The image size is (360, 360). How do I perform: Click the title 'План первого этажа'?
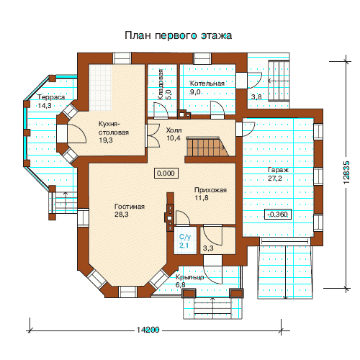click(x=178, y=35)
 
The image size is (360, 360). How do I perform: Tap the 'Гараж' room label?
click(x=278, y=170)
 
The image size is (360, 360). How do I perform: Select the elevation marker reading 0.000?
click(x=166, y=173)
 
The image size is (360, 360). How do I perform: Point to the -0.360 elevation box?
click(x=278, y=214)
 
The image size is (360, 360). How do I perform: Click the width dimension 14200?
click(x=148, y=330)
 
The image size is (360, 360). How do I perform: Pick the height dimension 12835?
click(x=346, y=172)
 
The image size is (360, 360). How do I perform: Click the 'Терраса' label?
click(x=51, y=97)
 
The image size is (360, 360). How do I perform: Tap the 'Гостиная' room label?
click(x=130, y=207)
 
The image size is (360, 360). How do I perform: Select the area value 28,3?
click(x=122, y=215)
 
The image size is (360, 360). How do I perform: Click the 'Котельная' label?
click(x=207, y=84)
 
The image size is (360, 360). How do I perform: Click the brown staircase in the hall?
click(x=207, y=146)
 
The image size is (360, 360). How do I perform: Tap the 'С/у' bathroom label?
click(x=185, y=237)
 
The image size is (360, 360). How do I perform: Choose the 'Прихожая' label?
click(x=210, y=190)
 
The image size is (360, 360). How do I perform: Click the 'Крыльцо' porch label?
click(x=190, y=277)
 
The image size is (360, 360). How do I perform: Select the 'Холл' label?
click(x=174, y=130)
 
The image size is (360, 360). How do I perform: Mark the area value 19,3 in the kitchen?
click(x=106, y=140)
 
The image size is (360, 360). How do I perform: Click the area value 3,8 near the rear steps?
click(x=256, y=97)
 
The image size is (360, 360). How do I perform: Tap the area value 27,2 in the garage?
click(x=275, y=179)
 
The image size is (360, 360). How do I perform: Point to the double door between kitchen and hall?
click(x=153, y=135)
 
